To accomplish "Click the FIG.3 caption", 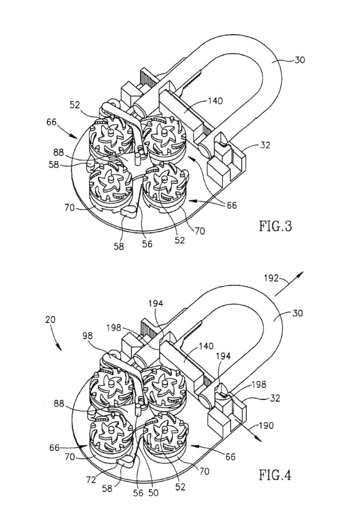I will coord(274,225).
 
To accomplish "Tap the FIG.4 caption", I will coord(275,476).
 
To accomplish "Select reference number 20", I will coord(50,321).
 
